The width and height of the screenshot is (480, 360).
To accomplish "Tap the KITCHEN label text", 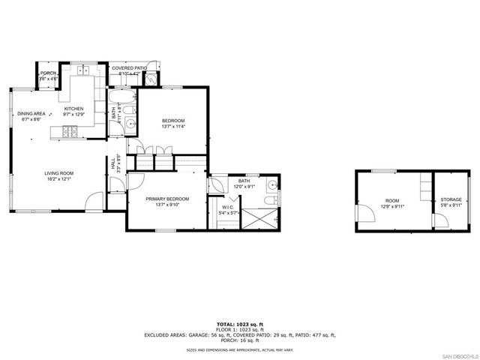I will (73, 108).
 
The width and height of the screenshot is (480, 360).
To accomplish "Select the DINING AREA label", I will (31, 113).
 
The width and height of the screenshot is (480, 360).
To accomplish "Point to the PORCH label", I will (48, 73).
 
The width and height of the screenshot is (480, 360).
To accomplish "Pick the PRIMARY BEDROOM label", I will (167, 199).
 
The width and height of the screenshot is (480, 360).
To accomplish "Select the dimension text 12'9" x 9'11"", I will (393, 205).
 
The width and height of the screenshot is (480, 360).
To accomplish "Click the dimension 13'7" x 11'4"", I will (173, 127).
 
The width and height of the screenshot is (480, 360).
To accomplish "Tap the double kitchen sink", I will (82, 71).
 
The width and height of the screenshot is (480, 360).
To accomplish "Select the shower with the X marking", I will (260, 218).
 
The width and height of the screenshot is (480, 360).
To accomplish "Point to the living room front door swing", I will (95, 200).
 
